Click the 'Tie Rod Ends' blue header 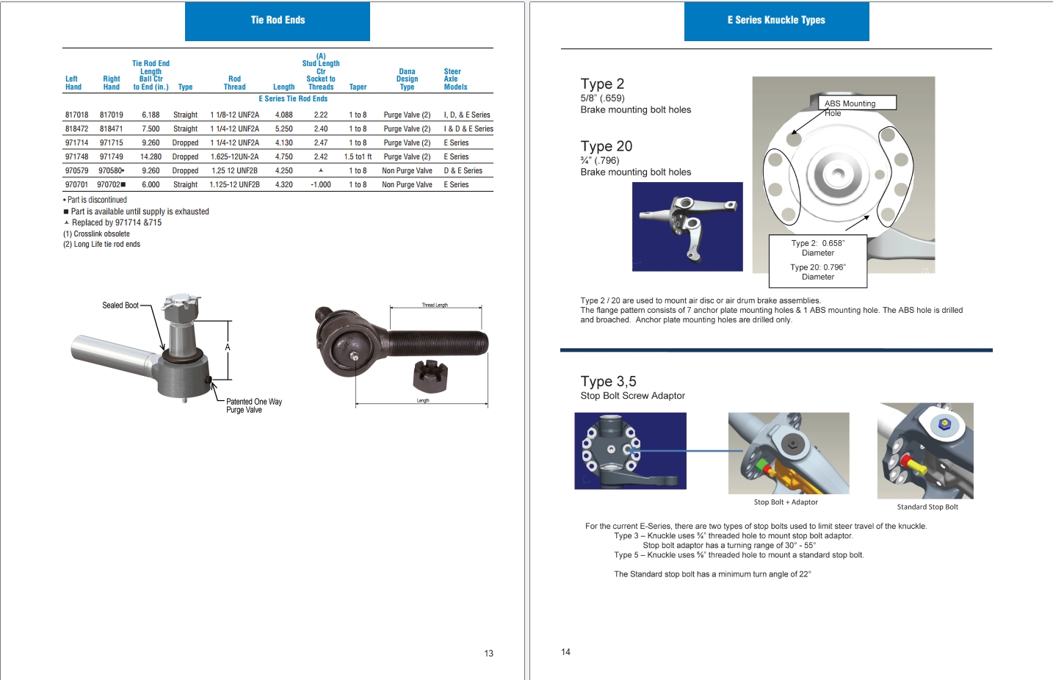(278, 21)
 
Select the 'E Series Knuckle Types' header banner (776, 21)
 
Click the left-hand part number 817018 (76, 115)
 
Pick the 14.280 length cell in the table (151, 157)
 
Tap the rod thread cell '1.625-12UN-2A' (234, 157)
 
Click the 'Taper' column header (358, 87)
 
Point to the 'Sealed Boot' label (120, 305)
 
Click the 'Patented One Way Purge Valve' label (253, 406)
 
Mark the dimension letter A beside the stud (228, 347)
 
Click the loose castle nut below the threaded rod (430, 375)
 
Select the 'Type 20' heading (606, 147)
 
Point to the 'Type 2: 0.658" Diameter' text (817, 248)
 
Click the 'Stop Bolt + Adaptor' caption (785, 502)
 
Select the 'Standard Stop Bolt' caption (927, 507)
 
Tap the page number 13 (488, 654)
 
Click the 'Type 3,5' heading (608, 382)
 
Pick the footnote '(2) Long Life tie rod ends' (101, 245)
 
